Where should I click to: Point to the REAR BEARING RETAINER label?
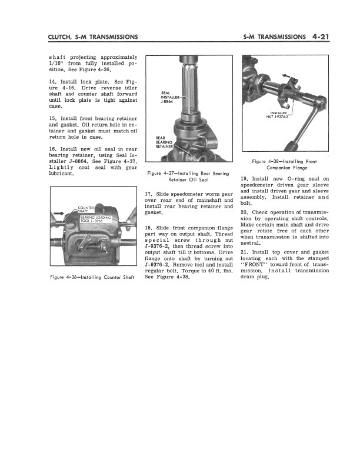point(164,142)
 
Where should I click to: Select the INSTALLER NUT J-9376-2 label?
point(279,114)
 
